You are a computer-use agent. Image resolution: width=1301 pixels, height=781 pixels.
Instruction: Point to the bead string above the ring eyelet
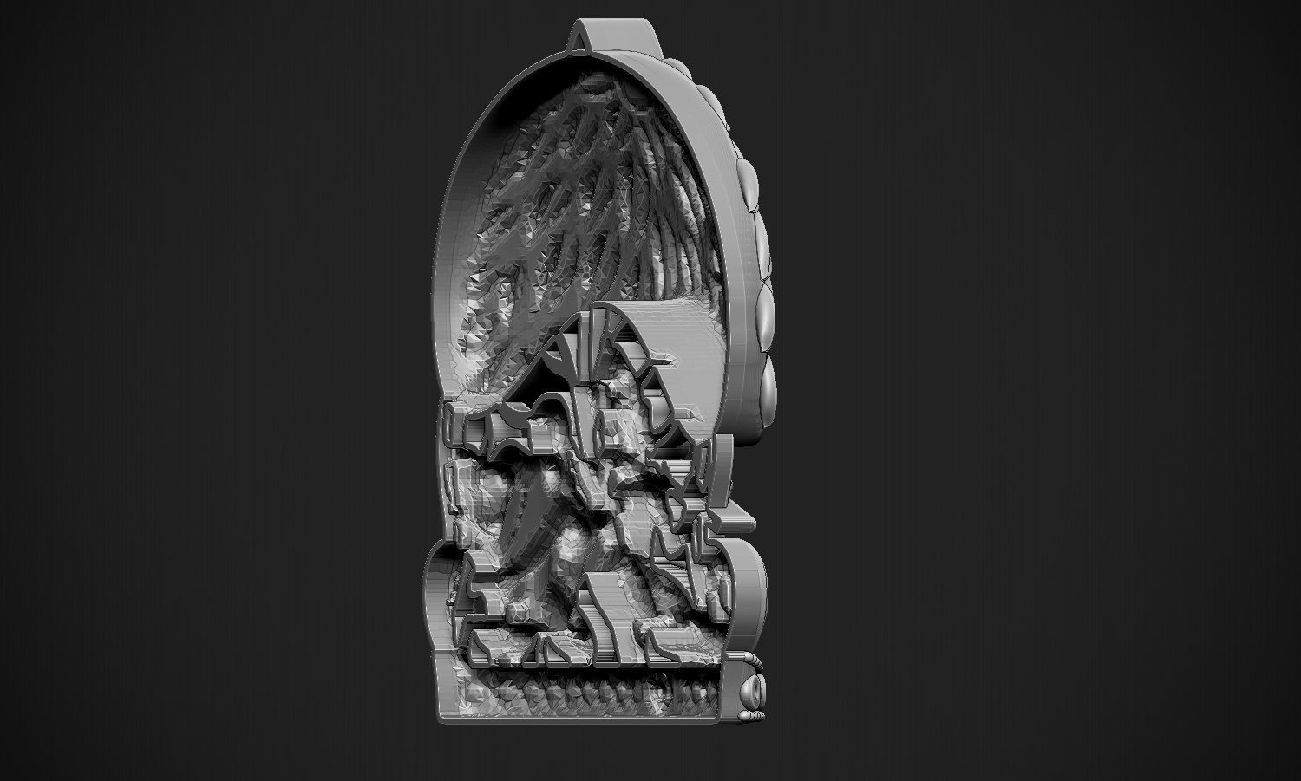[755, 662]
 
